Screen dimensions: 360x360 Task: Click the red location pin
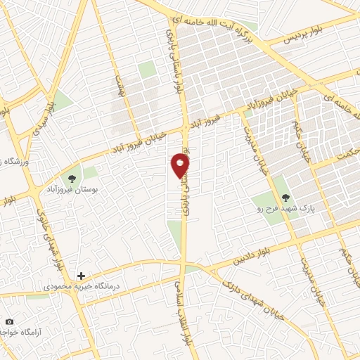(180, 165)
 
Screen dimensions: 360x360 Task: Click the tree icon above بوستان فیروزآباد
(72, 177)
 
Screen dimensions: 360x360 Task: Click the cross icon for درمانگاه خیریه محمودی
(82, 276)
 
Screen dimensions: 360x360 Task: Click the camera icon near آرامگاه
(9, 322)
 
